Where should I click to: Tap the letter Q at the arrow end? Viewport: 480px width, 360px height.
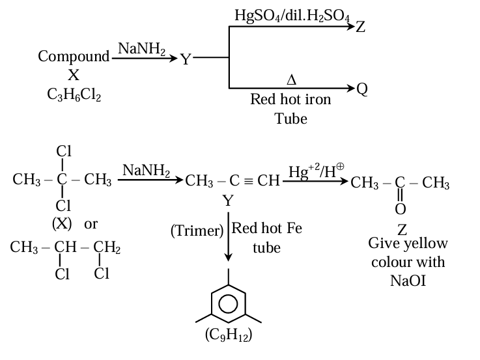tap(363, 89)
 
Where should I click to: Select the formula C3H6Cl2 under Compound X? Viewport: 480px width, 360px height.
tap(74, 95)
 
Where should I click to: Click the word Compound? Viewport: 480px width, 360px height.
tap(74, 57)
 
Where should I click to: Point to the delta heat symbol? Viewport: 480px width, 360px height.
tap(291, 80)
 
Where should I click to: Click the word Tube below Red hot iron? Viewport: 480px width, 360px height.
tap(290, 118)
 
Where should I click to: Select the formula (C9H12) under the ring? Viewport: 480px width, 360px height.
tap(228, 335)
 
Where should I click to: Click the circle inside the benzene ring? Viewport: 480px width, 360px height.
tap(228, 304)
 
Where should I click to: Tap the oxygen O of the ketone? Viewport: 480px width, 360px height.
tap(400, 208)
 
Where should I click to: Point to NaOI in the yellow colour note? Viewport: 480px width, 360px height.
tap(408, 280)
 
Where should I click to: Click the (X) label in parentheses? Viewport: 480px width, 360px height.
tap(63, 223)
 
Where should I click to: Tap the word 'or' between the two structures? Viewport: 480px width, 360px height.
tap(91, 223)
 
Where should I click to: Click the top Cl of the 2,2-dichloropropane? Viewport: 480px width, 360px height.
tap(64, 151)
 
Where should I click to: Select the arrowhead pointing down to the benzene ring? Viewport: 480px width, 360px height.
tap(228, 259)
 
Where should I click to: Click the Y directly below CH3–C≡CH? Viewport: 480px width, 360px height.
tap(228, 201)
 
